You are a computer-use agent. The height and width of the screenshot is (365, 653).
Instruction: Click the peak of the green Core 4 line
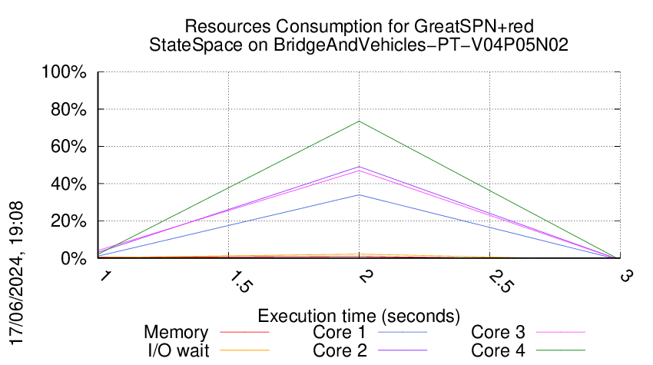point(359,121)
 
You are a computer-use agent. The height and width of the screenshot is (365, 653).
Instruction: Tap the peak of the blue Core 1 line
point(359,195)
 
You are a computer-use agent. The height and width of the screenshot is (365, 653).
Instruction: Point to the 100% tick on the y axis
point(68,73)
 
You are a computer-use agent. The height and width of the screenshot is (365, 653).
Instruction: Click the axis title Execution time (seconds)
point(359,316)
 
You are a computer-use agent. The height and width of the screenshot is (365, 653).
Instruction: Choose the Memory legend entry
point(176,333)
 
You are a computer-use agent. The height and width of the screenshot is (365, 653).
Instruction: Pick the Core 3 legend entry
point(498,333)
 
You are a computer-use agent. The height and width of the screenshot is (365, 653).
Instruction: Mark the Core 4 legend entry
point(498,350)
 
